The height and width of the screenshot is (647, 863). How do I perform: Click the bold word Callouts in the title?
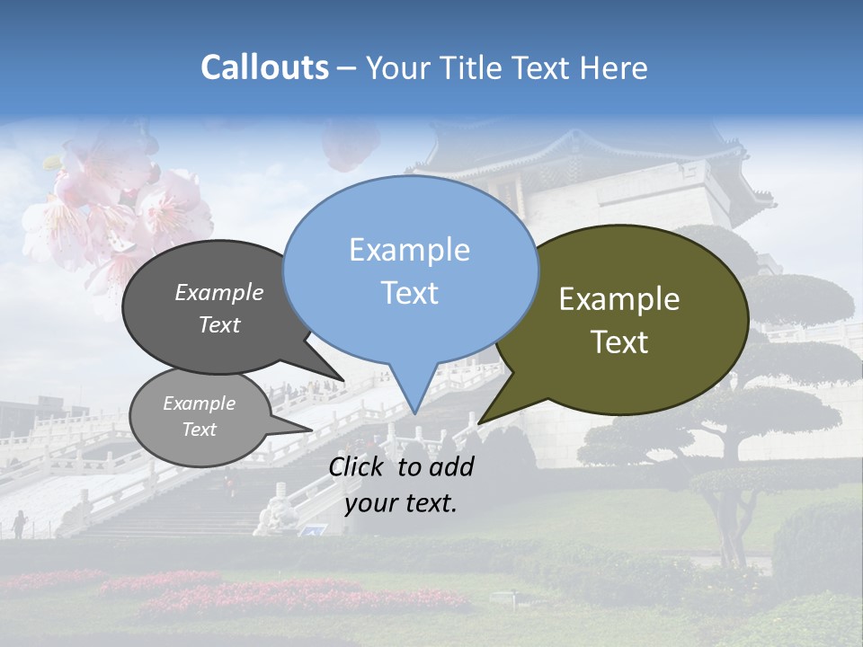(x=264, y=67)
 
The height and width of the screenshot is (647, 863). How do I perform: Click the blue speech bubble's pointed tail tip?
(x=414, y=412)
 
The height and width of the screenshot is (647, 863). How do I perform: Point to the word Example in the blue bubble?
(x=409, y=250)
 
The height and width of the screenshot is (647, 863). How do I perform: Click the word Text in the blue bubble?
(x=409, y=293)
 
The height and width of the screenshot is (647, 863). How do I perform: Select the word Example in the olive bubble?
(x=619, y=299)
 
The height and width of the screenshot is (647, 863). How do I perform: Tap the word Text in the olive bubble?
(x=619, y=342)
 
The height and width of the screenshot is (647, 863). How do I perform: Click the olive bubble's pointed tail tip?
(x=480, y=422)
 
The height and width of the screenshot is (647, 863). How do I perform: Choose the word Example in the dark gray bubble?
(x=218, y=293)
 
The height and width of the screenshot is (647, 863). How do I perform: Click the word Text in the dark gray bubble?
(x=218, y=325)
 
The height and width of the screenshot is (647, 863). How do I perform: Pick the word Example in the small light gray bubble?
(x=199, y=403)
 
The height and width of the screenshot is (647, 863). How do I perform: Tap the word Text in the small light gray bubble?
(x=199, y=430)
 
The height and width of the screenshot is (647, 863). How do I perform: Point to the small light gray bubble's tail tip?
(x=311, y=430)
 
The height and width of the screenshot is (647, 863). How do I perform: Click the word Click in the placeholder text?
(x=359, y=466)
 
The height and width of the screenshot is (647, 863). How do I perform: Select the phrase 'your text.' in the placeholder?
(x=401, y=504)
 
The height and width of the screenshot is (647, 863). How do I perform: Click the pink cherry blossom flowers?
(x=117, y=207)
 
